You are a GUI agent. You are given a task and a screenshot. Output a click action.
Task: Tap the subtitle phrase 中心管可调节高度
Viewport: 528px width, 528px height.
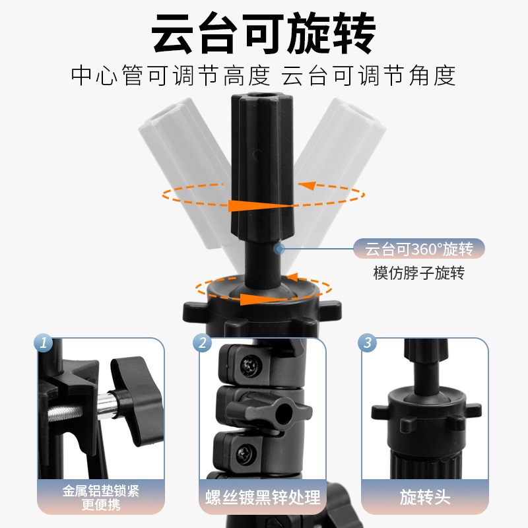pos(171,76)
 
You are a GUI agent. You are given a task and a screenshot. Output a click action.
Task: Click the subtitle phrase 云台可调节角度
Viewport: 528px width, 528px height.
pos(369,76)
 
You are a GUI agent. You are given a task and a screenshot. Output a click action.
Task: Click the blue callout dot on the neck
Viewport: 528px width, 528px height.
pos(279,248)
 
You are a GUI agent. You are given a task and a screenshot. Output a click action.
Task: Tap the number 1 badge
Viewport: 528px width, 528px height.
pos(44,343)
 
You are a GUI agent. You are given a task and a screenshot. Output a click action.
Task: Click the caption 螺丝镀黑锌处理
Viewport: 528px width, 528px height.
pos(263,496)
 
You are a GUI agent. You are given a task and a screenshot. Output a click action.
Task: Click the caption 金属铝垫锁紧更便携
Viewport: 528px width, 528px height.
pos(101,496)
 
